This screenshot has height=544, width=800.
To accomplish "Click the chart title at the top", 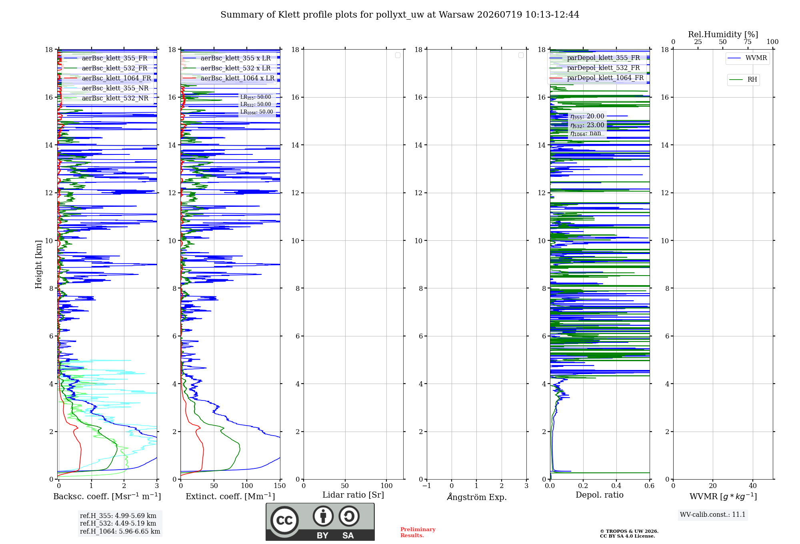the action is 400,15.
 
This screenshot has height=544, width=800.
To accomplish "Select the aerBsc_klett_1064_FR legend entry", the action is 108,78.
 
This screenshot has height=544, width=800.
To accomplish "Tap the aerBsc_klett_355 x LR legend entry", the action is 228,58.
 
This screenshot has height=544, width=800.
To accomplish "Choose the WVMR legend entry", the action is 748,58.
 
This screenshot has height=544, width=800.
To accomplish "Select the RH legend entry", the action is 743,80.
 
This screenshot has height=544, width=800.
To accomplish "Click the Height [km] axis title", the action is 38,264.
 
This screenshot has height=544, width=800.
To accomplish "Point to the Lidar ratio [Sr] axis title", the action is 353,495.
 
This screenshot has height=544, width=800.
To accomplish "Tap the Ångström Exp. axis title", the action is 477,496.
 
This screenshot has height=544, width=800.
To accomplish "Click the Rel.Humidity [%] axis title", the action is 723,34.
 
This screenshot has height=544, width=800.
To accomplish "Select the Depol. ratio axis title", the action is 600,495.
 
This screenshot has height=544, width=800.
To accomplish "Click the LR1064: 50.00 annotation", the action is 257,112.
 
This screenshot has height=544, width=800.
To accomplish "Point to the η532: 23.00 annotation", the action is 587,125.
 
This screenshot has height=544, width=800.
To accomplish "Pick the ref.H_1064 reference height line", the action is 120,532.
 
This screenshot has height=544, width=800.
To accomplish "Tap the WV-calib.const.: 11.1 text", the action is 713,515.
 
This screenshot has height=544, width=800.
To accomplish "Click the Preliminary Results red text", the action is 418,532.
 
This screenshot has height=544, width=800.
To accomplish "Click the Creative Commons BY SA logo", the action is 320,522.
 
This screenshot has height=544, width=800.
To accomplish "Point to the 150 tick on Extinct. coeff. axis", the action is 280,486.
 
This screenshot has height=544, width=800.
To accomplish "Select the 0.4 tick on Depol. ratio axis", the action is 616,486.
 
